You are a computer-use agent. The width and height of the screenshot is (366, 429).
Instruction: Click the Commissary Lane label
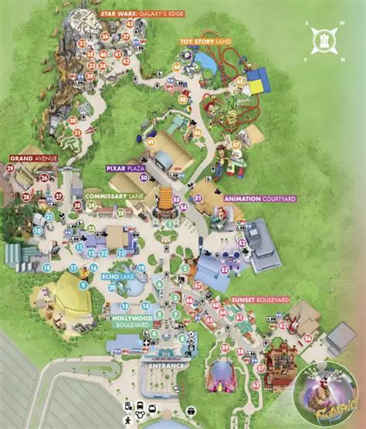click(x=116, y=196)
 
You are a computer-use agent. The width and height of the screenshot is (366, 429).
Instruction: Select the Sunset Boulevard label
click(x=260, y=299)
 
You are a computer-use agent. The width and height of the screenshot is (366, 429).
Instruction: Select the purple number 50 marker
click(x=144, y=177)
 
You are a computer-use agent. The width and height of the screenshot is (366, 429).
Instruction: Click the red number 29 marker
click(x=11, y=168)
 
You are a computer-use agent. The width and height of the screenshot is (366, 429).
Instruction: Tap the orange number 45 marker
click(x=239, y=81)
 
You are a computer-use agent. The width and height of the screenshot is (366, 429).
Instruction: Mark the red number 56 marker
click(x=307, y=337)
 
